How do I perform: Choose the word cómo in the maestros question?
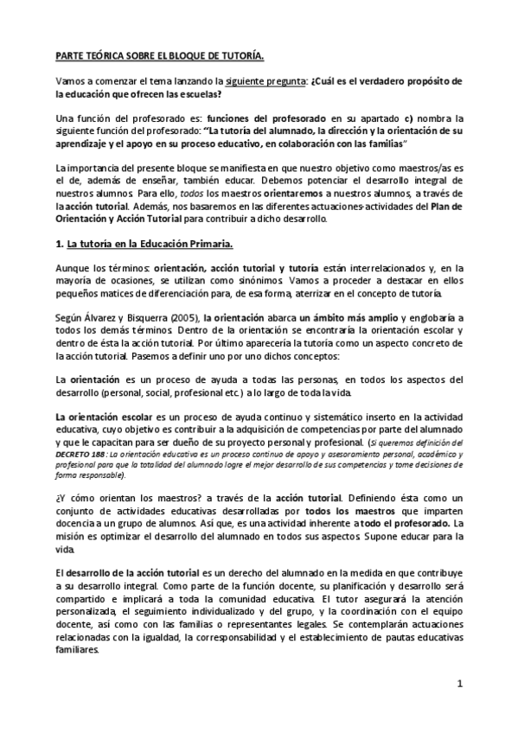tap(79, 499)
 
